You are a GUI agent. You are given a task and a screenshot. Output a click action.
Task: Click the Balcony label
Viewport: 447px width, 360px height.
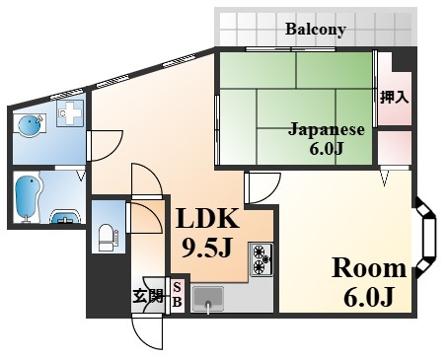click(316, 30)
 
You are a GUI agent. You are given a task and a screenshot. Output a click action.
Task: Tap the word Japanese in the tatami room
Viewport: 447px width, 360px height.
click(327, 129)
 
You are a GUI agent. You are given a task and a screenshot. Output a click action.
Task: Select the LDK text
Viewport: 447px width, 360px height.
click(207, 218)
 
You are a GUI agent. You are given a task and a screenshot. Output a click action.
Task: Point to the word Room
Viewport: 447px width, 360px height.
click(369, 268)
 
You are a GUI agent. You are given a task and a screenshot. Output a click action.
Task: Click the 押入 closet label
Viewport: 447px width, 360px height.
click(394, 98)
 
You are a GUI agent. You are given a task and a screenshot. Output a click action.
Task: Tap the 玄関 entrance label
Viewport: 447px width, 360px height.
click(148, 296)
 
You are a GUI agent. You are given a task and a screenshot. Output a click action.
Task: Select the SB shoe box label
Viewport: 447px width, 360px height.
click(177, 295)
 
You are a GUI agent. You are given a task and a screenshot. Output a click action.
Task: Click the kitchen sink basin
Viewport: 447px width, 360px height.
click(208, 299)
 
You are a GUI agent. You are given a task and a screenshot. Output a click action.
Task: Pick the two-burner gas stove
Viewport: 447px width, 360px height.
click(261, 259)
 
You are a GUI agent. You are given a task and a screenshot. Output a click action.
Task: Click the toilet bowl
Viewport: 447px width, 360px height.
click(107, 238)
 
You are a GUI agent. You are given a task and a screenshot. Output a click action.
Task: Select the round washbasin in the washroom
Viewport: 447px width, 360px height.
click(30, 126)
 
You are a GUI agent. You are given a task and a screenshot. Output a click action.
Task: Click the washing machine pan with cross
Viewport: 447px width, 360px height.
click(70, 112)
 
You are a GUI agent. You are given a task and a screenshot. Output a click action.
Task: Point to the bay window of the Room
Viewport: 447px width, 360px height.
click(426, 237)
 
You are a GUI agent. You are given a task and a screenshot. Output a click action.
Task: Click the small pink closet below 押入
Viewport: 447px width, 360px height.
click(395, 148)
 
